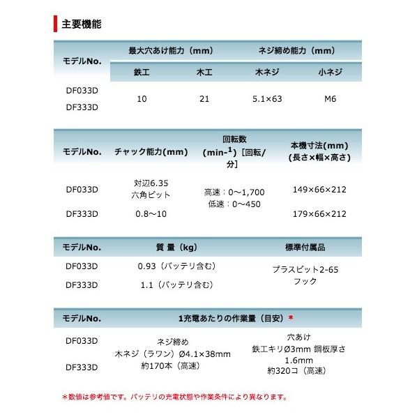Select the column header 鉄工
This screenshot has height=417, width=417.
point(142,72)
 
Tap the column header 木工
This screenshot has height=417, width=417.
point(204,72)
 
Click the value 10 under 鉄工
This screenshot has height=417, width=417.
point(142,100)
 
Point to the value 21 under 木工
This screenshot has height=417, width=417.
point(204,100)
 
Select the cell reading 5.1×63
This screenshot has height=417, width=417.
point(268,100)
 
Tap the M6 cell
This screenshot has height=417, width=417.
point(330,100)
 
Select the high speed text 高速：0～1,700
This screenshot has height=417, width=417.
point(234,191)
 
